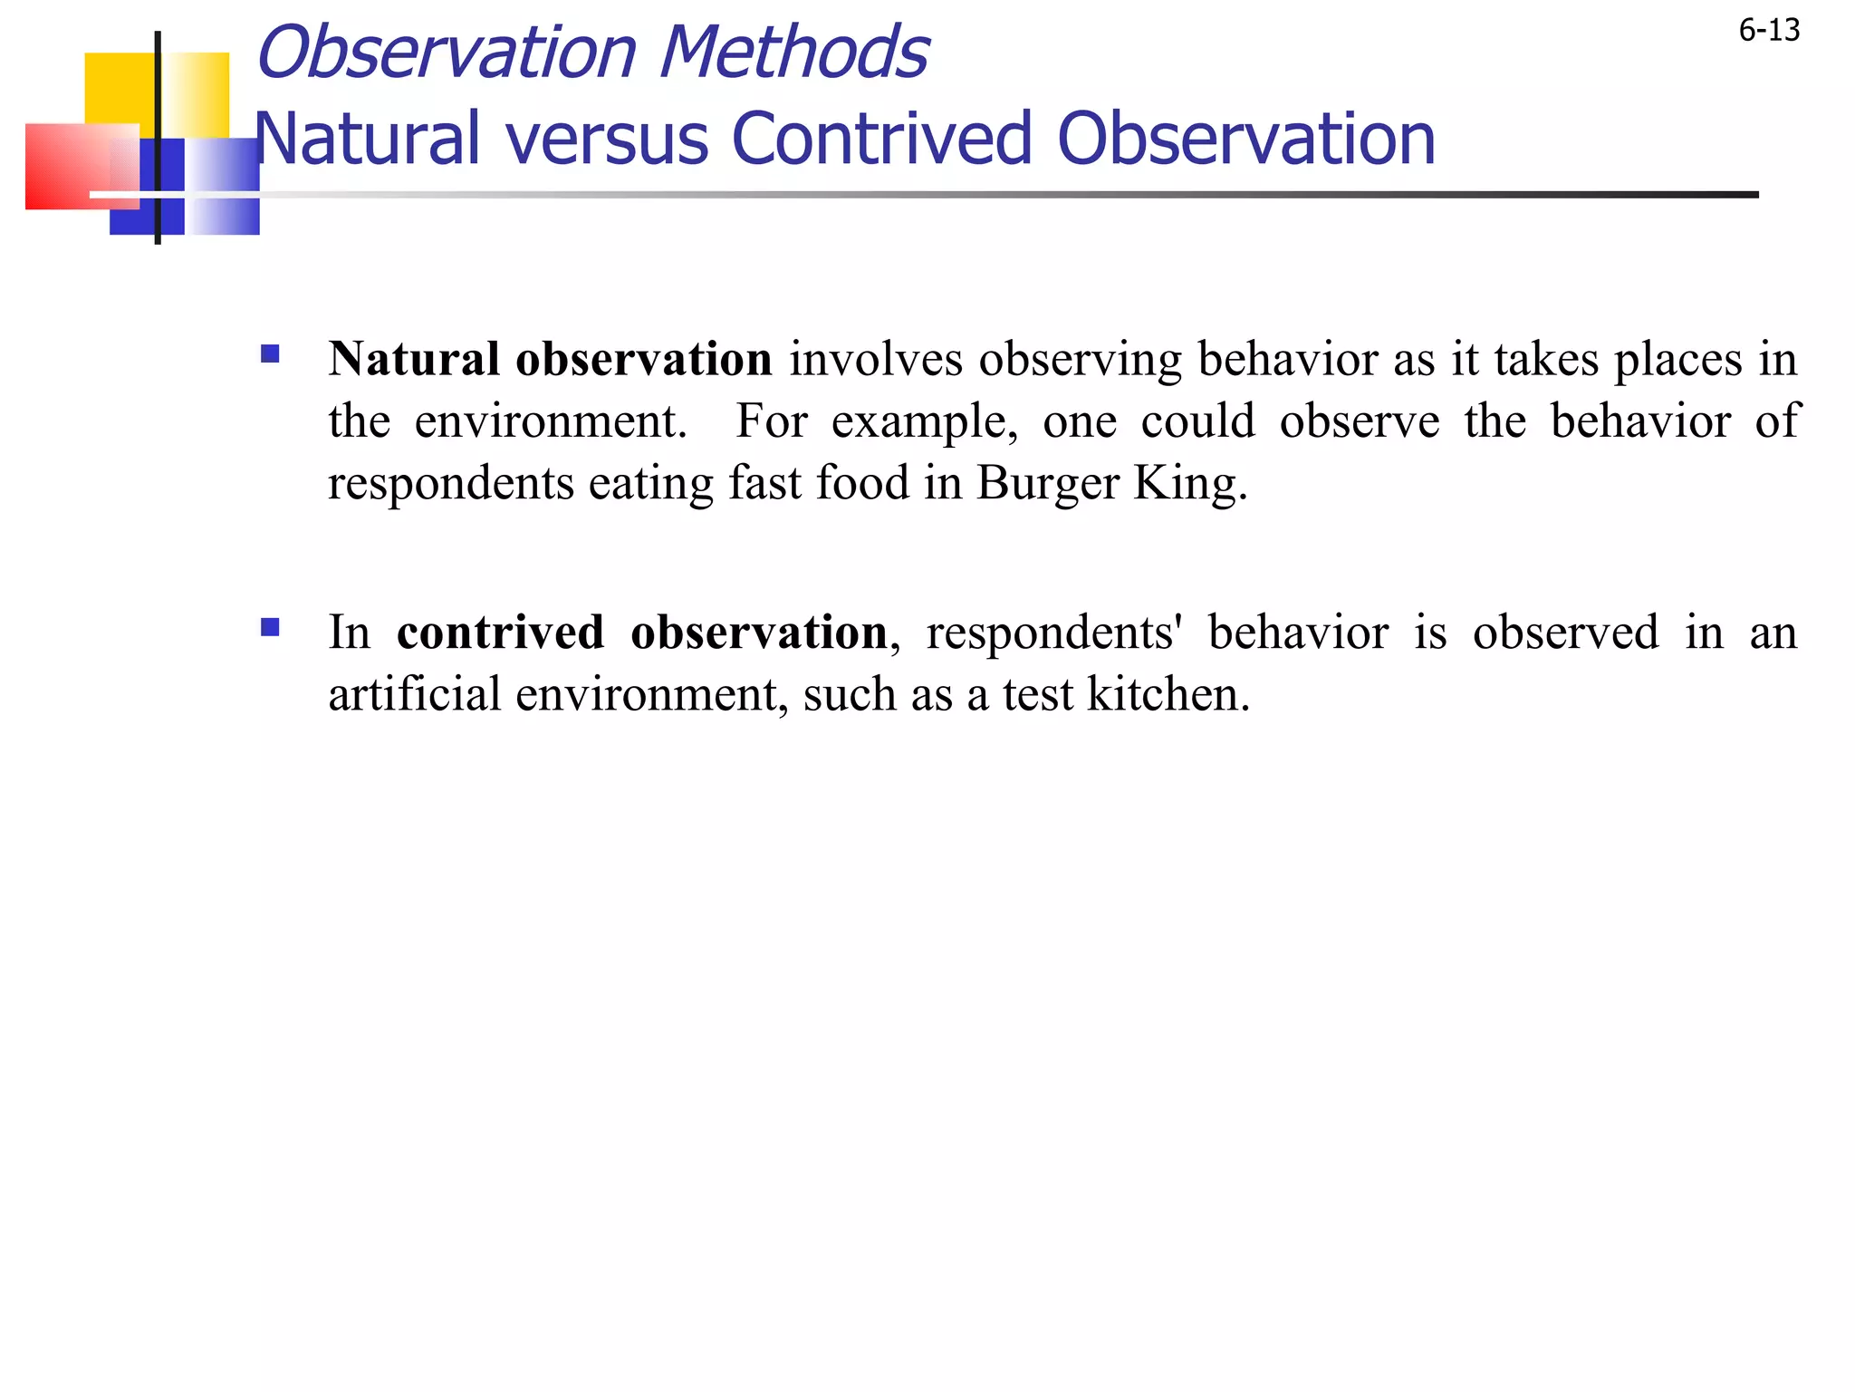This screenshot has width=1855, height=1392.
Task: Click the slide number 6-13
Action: coord(1768,31)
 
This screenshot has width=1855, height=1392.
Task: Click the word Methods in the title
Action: coord(793,53)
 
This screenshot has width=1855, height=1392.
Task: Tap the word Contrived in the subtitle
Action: coord(882,140)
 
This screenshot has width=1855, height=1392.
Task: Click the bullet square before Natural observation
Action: coord(270,353)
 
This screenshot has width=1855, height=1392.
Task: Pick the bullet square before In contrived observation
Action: coord(270,627)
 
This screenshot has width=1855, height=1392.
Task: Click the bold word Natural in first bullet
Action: coord(414,359)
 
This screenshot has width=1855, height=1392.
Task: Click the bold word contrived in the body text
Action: coord(501,633)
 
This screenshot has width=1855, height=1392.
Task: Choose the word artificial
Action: coord(414,695)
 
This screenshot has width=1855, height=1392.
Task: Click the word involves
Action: coord(875,359)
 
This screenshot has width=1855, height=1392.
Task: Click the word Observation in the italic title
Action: coord(447,53)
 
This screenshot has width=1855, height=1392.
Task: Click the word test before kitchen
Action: coord(1037,695)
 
